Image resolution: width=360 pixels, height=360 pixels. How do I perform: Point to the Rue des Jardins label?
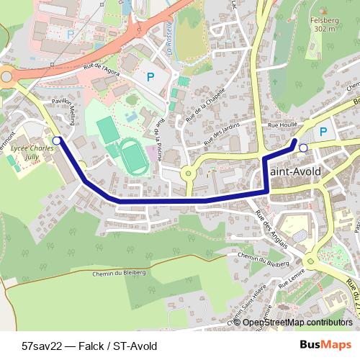click(220, 133)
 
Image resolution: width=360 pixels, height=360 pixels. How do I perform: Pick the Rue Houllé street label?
click(282, 125)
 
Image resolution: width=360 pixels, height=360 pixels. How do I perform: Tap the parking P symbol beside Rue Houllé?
click(323, 132)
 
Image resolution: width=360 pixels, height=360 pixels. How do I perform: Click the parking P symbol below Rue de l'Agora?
click(150, 76)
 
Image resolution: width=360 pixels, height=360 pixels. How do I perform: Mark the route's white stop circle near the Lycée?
click(57, 140)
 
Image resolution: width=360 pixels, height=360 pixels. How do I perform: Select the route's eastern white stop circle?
click(303, 148)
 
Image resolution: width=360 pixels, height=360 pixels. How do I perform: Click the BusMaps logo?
click(325, 345)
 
